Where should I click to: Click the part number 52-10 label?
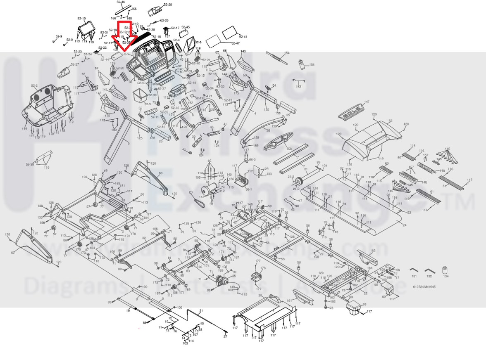(x=81, y=19)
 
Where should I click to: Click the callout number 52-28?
(x=168, y=5)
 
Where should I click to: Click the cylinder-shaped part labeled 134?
(x=445, y=270)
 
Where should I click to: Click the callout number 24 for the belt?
(x=404, y=225)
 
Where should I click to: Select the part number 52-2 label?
(x=34, y=86)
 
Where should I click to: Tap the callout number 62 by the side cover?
(x=12, y=253)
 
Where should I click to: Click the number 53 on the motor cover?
(x=390, y=121)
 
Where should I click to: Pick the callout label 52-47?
(x=235, y=43)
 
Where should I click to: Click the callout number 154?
(x=287, y=53)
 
